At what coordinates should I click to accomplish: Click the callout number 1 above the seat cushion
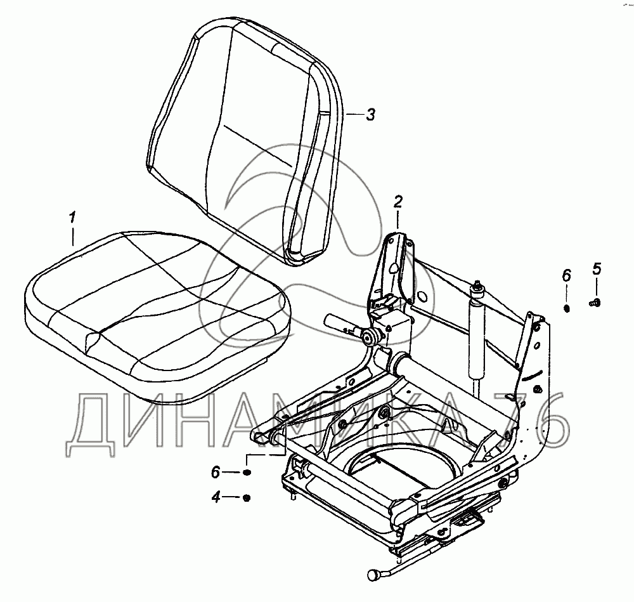click(x=72, y=218)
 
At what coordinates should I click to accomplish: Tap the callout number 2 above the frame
click(x=398, y=202)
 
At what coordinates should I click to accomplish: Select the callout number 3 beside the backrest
click(x=370, y=114)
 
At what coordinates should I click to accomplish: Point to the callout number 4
click(x=216, y=497)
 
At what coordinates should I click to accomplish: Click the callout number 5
click(x=597, y=269)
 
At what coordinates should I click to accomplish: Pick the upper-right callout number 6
click(x=566, y=276)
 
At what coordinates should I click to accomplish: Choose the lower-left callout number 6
click(x=216, y=472)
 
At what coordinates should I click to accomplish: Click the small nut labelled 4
click(x=247, y=497)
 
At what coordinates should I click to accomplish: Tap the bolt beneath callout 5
click(x=595, y=302)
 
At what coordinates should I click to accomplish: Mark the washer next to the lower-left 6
click(x=247, y=472)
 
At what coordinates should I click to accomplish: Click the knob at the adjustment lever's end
click(x=373, y=574)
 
